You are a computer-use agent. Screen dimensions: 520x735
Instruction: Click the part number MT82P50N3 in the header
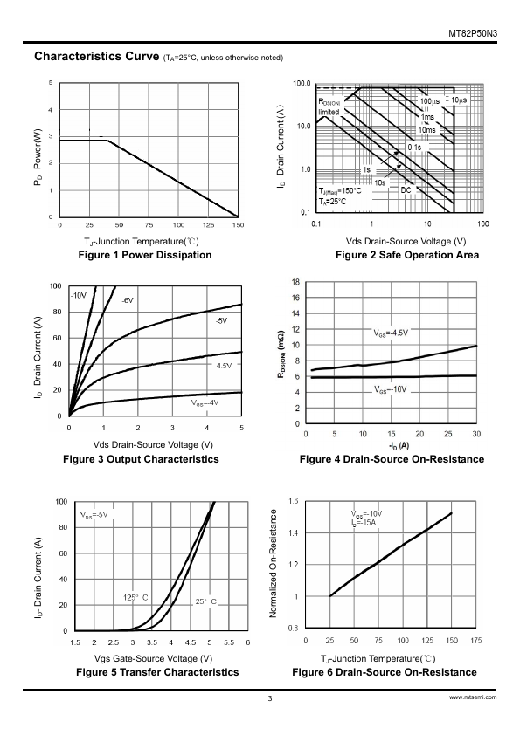473,34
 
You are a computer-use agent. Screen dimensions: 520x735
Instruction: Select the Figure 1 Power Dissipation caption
145,255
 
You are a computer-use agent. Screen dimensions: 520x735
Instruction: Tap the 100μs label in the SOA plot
430,101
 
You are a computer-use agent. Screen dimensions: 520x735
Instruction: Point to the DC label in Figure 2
406,190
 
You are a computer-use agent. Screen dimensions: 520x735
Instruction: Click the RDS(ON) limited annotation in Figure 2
329,106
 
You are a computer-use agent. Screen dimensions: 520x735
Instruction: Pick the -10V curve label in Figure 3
79,295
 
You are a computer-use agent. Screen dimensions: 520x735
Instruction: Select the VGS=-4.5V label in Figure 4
391,333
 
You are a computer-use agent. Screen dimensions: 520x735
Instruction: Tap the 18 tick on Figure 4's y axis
295,282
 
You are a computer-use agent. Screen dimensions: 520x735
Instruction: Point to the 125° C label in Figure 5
135,598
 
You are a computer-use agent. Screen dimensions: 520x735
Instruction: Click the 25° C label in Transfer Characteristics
206,601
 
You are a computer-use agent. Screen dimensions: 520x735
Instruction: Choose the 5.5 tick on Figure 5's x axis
229,642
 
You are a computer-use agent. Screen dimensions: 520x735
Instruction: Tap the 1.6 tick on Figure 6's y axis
294,501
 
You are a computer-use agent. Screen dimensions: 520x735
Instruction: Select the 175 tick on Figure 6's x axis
476,641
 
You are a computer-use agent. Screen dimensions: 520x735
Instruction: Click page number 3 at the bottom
270,698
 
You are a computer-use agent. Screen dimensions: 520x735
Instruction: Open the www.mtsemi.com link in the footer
473,697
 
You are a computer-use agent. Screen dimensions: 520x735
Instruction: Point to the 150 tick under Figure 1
238,225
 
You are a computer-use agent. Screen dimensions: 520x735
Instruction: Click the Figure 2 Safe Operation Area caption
407,255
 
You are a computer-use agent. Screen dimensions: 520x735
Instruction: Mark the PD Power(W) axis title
38,156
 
